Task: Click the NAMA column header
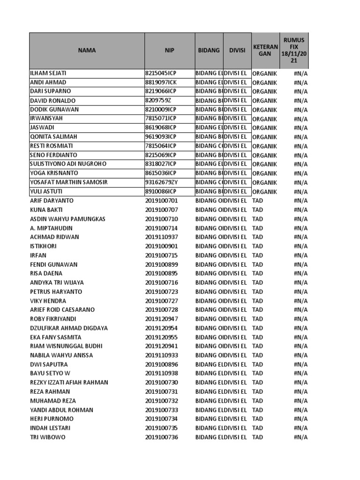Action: (87, 51)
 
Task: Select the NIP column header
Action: (169, 51)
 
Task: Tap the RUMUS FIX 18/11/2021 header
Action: (294, 51)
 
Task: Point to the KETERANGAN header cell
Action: (265, 51)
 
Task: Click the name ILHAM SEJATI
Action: (48, 73)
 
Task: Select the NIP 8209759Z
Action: (157, 100)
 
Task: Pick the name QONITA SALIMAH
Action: (53, 137)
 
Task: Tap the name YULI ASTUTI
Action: (46, 191)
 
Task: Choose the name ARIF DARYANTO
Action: (52, 201)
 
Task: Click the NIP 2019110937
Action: (162, 237)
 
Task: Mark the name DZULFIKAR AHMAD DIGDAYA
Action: (68, 328)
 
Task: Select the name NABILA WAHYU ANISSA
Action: (61, 355)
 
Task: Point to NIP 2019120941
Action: (162, 346)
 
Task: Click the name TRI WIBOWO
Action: (47, 437)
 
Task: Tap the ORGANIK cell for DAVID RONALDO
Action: (264, 100)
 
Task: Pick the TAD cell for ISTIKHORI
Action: (258, 246)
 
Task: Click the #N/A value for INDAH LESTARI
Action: (300, 428)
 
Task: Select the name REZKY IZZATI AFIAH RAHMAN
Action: (69, 382)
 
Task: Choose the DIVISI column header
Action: (237, 51)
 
